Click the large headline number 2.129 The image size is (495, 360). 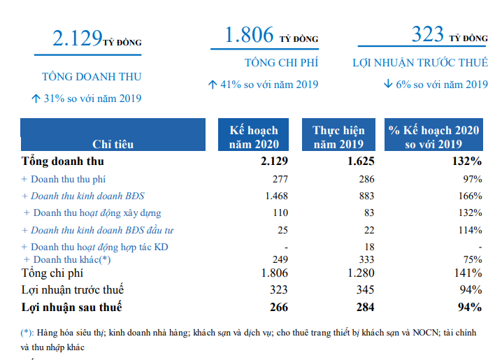pyautogui.click(x=78, y=38)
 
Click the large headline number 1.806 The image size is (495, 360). pyautogui.click(x=249, y=35)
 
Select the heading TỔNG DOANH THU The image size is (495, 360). pyautogui.click(x=92, y=76)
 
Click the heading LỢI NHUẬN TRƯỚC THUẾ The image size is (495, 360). pyautogui.click(x=419, y=63)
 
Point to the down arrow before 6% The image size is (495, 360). pyautogui.click(x=387, y=85)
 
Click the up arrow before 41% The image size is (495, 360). pyautogui.click(x=213, y=85)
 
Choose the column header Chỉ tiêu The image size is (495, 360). pyautogui.click(x=113, y=144)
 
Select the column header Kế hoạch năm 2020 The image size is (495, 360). pyautogui.click(x=254, y=137)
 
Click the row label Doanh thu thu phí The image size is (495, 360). pyautogui.click(x=69, y=180)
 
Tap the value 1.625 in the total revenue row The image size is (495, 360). pyautogui.click(x=360, y=161)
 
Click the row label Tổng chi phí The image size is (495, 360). pyautogui.click(x=52, y=273)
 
